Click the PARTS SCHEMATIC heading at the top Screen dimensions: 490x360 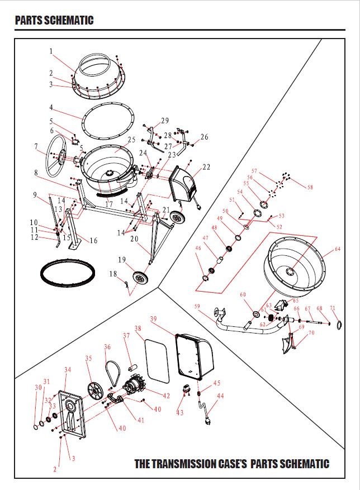pyautogui.click(x=54, y=21)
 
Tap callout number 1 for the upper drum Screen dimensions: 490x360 pyautogui.click(x=50, y=51)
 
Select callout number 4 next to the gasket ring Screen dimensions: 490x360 pyautogui.click(x=50, y=107)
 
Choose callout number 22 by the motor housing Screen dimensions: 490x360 pyautogui.click(x=206, y=166)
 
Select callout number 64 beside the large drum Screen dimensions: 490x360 pyautogui.click(x=337, y=249)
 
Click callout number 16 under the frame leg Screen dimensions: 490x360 pyautogui.click(x=93, y=241)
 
